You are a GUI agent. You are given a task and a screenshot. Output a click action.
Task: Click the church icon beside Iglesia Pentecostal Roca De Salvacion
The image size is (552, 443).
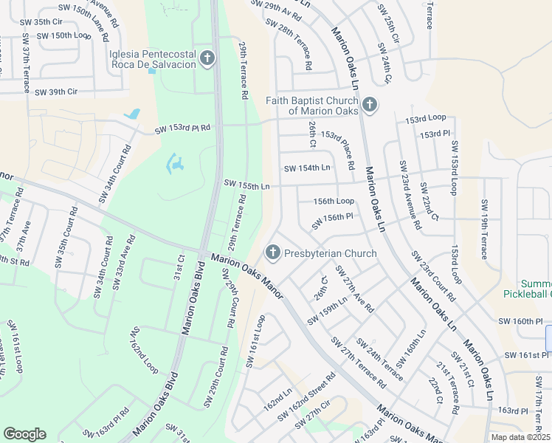pos(207,58)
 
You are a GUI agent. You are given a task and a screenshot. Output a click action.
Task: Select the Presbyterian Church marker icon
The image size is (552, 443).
pos(272,253)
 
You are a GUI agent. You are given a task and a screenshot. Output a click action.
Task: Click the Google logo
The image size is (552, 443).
pos(24,434)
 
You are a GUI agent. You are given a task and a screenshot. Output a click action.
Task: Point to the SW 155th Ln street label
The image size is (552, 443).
pos(246,185)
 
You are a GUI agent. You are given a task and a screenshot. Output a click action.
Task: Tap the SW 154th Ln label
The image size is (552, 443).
pos(306,168)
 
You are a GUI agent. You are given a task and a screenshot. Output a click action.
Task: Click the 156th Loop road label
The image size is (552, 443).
pos(334,201)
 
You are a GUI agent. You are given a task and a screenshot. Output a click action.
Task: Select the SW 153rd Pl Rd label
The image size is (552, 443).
pos(182,128)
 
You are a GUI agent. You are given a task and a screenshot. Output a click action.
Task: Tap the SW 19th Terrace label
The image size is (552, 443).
pos(485,229)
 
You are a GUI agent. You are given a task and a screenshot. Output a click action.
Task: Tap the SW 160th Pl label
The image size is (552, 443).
pos(525,321)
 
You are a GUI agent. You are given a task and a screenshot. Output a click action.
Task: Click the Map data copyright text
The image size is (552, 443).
pos(520,437)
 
